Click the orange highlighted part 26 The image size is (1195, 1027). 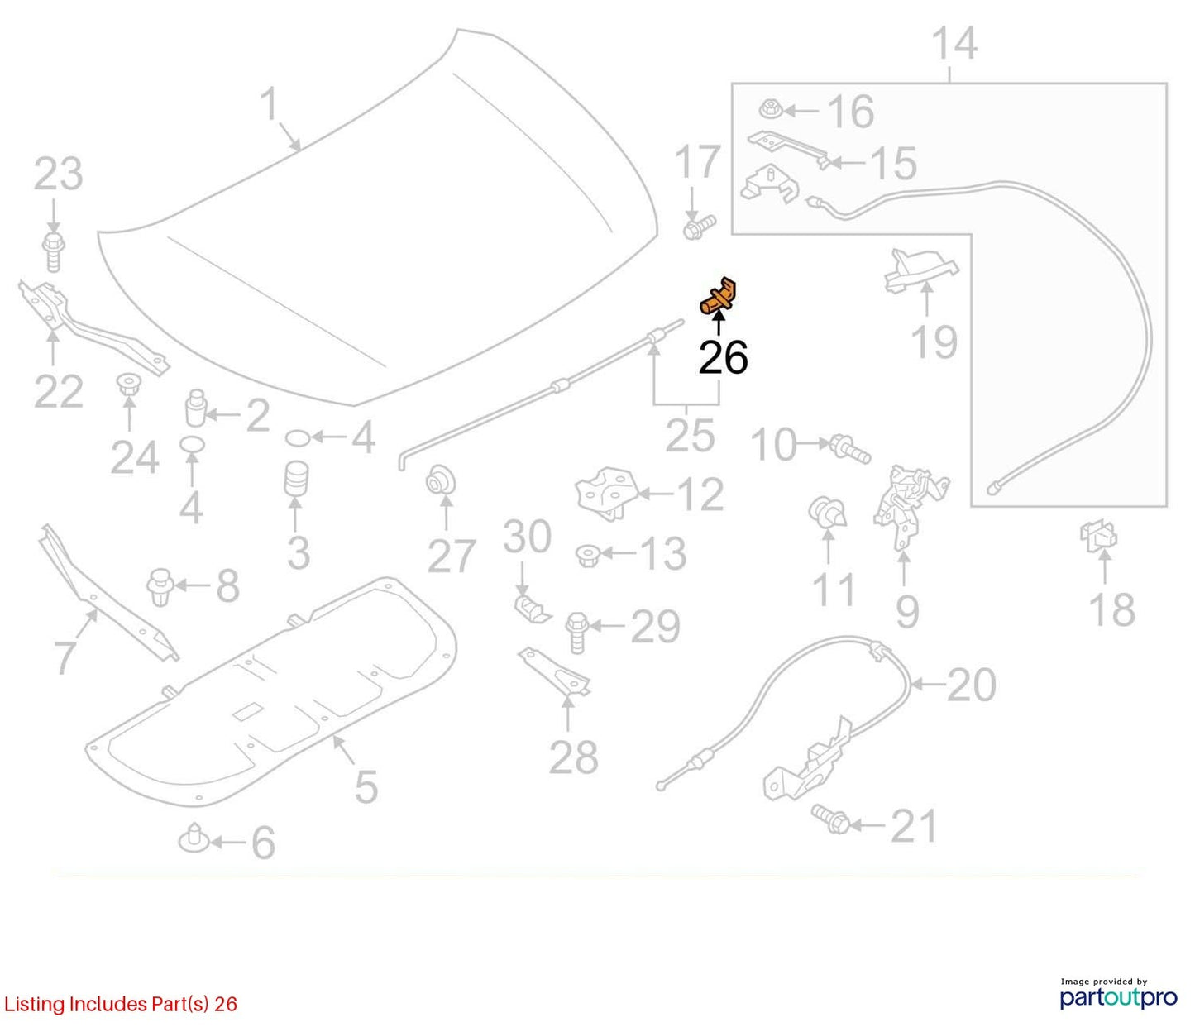click(718, 297)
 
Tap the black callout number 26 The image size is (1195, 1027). click(724, 357)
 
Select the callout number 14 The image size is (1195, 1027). click(954, 43)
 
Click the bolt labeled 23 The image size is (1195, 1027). click(53, 251)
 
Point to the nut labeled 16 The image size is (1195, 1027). click(770, 108)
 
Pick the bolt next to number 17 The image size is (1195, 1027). click(699, 227)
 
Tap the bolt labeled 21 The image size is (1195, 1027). click(831, 819)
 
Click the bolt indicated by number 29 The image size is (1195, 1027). click(576, 633)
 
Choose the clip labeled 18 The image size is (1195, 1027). click(1098, 537)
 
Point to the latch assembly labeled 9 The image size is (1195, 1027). click(911, 506)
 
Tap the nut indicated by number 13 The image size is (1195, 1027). click(588, 554)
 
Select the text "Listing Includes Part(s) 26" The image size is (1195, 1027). click(120, 1005)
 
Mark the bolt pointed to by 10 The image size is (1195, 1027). click(850, 449)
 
